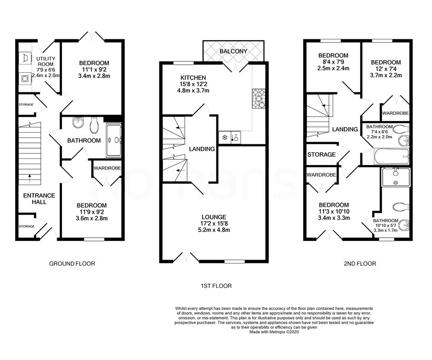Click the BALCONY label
[x=234, y=51]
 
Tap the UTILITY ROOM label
[x=46, y=61]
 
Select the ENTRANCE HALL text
[x=39, y=199]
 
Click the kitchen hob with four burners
[x=259, y=98]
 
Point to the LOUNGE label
[x=214, y=217]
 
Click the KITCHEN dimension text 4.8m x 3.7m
[x=193, y=90]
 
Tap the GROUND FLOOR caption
[x=72, y=263]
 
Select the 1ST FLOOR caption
[x=216, y=286]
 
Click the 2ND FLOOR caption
[x=360, y=263]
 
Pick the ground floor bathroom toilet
[x=94, y=125]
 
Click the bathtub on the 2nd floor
[x=392, y=157]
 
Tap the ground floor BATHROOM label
[x=84, y=141]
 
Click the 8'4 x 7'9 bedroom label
[x=333, y=62]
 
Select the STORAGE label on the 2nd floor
[x=321, y=155]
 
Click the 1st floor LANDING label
[x=202, y=149]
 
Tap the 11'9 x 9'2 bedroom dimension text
[x=92, y=212]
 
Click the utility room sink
[x=25, y=58]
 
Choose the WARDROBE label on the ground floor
[x=107, y=168]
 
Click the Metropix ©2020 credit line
[x=274, y=332]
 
